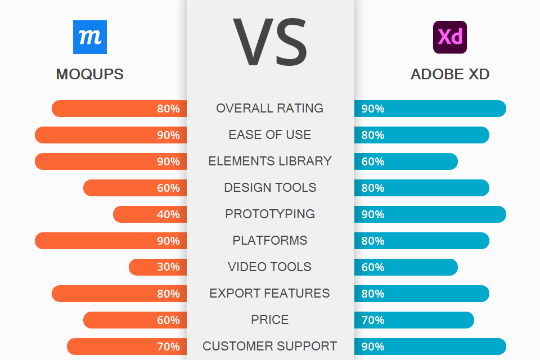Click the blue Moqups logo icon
pos(90,37)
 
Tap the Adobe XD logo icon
pos(450,37)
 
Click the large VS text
pos(270,42)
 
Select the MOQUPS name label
pos(90,74)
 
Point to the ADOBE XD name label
pos(450,74)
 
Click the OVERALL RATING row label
pos(270,108)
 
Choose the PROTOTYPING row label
pos(270,214)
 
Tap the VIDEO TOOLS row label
pos(270,267)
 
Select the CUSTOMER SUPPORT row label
pos(270,346)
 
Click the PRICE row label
pos(270,319)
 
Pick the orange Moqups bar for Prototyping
pos(150,214)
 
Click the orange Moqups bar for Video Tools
pos(157,267)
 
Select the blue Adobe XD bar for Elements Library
pos(406,161)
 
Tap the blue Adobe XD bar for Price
pos(414,320)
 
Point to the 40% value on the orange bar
pos(168,214)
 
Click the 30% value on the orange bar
pos(168,267)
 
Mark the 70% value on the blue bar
pos(373,320)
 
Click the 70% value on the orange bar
pos(168,346)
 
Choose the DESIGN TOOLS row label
pos(270,187)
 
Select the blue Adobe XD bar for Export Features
pos(421,294)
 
